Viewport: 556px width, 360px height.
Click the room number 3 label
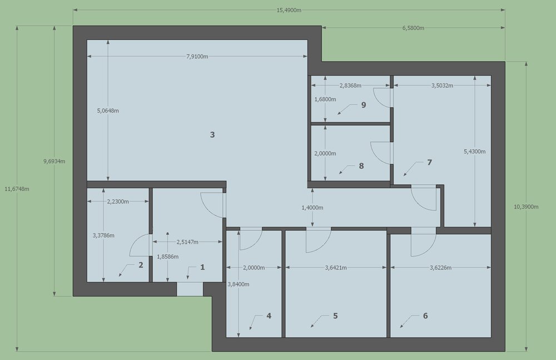pos(212,135)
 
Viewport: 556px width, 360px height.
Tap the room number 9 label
pos(363,105)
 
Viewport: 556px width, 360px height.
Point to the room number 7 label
pos(429,162)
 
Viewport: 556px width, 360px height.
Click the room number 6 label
pos(425,316)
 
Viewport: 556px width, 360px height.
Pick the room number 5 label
pos(335,316)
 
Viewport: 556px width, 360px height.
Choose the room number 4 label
pos(269,316)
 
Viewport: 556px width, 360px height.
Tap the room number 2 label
pos(141,265)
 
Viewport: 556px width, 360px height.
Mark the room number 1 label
pos(202,267)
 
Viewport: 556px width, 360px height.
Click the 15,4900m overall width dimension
pos(289,10)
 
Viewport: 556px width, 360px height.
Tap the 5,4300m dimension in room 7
pos(475,151)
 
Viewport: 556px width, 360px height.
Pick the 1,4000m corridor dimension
pos(312,208)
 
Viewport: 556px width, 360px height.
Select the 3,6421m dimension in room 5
pos(335,268)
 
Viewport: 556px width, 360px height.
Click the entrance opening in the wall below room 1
pos(190,289)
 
